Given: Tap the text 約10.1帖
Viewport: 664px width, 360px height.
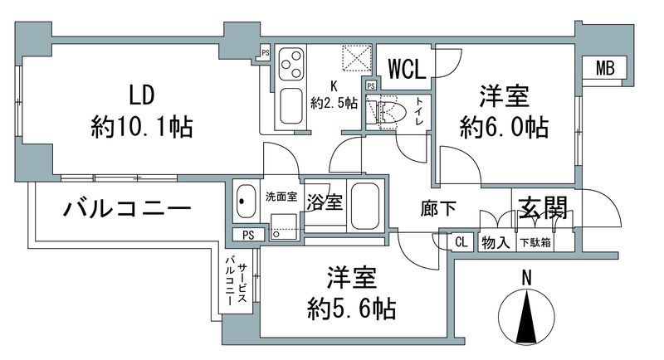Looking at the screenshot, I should (x=142, y=127).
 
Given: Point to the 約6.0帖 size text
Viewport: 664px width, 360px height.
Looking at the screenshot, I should (x=504, y=127).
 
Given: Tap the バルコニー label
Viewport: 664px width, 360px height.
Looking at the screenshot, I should (x=128, y=209).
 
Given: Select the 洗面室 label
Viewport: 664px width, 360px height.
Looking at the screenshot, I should (x=281, y=197).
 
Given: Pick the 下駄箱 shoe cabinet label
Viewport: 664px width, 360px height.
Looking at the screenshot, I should (x=535, y=242).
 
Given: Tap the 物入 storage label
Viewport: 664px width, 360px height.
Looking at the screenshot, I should (x=497, y=242).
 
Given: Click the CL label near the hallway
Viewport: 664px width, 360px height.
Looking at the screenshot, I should (x=461, y=242).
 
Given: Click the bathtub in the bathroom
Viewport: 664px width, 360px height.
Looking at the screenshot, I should (x=366, y=205).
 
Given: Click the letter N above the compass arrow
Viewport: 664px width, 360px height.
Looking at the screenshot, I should (x=525, y=280).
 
